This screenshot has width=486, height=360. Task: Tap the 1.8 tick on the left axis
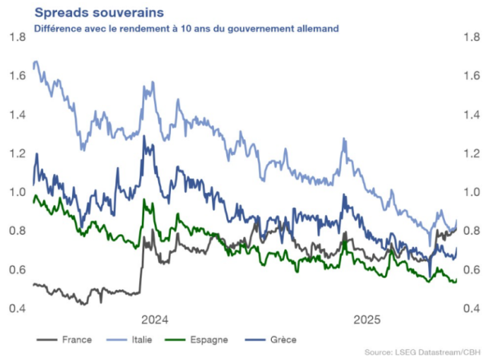tap(17, 36)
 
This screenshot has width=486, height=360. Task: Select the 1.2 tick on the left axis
tap(17, 153)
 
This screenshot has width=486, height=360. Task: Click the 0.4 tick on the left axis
tap(17, 308)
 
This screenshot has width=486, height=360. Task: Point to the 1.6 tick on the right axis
tap(469, 76)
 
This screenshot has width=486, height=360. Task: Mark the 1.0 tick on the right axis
tap(469, 192)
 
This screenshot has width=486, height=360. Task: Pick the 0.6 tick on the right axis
tap(469, 270)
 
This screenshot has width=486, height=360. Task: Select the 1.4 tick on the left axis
tap(17, 115)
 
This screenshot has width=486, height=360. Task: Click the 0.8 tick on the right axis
tap(469, 231)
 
